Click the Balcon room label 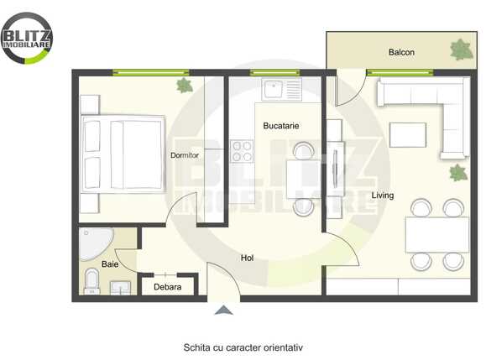pyautogui.click(x=401, y=53)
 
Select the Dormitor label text pyautogui.click(x=184, y=155)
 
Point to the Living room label pyautogui.click(x=385, y=196)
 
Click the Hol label pyautogui.click(x=247, y=258)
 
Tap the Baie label pyautogui.click(x=110, y=263)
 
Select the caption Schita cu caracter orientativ pyautogui.click(x=243, y=346)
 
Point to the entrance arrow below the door pyautogui.click(x=223, y=310)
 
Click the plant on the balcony pyautogui.click(x=461, y=50)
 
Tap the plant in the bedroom pyautogui.click(x=184, y=85)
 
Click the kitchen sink pyautogui.click(x=280, y=88)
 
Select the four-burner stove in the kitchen pyautogui.click(x=242, y=151)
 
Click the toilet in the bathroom pyautogui.click(x=91, y=281)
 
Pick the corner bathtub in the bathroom pyautogui.click(x=94, y=244)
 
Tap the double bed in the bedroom pyautogui.click(x=123, y=154)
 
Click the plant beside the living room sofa pyautogui.click(x=457, y=174)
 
